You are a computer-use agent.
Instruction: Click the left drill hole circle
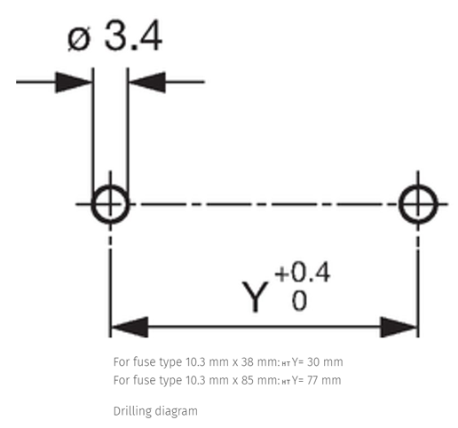click(93, 204)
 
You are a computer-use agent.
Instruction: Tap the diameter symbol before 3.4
click(79, 39)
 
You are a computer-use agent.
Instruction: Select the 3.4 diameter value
click(133, 36)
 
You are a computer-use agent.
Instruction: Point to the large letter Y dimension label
click(256, 297)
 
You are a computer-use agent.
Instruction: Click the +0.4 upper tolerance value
click(302, 273)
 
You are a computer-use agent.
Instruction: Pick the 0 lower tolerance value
click(299, 301)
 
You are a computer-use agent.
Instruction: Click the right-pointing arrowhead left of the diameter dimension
click(74, 82)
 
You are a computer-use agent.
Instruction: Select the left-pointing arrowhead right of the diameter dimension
click(147, 82)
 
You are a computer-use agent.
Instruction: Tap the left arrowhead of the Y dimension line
click(130, 327)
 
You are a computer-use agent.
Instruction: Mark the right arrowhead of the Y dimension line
click(399, 327)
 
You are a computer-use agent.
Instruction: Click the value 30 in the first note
click(313, 362)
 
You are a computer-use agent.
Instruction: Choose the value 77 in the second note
click(313, 380)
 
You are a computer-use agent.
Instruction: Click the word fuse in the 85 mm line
click(145, 380)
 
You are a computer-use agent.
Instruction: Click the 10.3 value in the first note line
click(195, 362)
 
